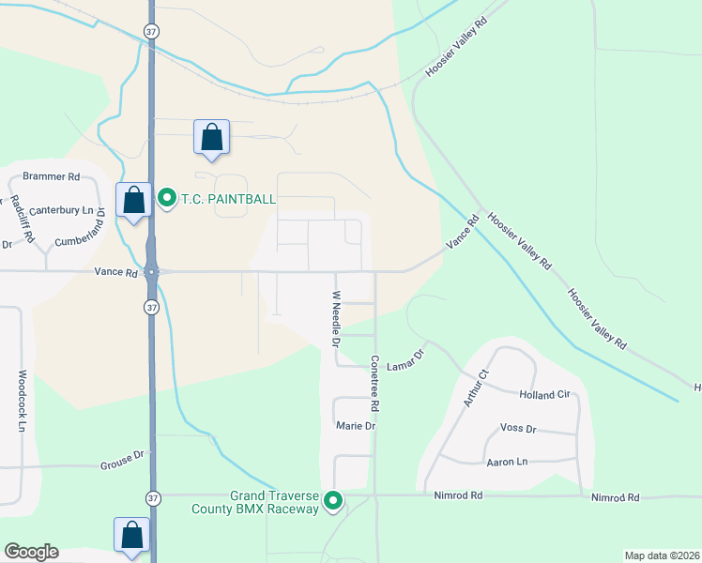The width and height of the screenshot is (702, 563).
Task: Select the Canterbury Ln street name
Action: coord(63,211)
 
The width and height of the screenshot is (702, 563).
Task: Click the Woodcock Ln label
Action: coord(22,400)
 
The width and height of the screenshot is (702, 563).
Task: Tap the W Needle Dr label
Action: coord(334,319)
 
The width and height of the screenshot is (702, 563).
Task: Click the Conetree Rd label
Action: coord(374,384)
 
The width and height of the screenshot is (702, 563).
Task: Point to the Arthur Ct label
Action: coord(477,388)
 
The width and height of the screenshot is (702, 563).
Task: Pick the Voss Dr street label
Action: coord(518,429)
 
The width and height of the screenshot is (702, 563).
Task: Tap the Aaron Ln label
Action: coord(508,461)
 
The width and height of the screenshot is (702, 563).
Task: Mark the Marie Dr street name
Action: coord(356,426)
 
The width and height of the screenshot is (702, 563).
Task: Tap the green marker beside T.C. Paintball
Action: coord(167,198)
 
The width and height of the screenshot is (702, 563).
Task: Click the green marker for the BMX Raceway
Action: coord(333,502)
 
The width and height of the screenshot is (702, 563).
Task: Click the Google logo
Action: coord(31,552)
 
